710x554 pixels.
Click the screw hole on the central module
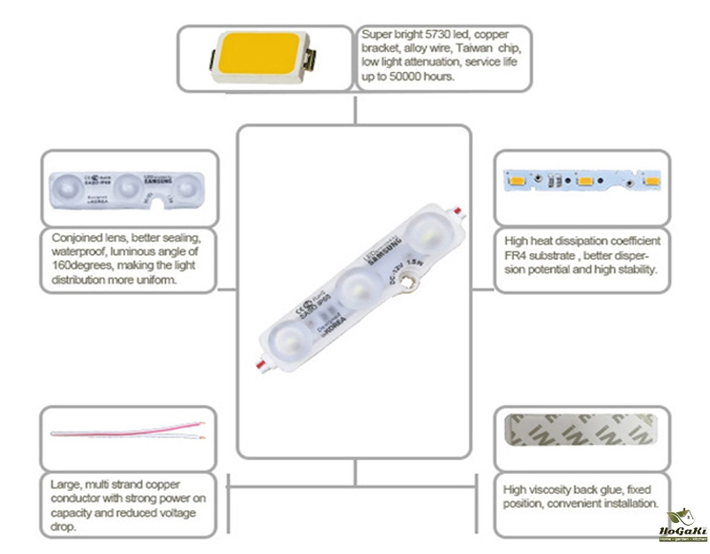(x=409, y=285)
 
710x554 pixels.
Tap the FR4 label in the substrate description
(x=517, y=255)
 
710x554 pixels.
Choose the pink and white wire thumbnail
(x=130, y=438)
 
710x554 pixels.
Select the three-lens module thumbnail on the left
(x=129, y=186)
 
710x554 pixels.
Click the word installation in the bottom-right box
(x=628, y=503)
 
